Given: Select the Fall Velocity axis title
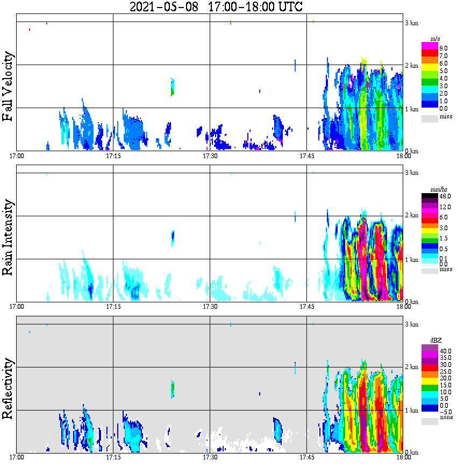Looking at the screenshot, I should point(8,87).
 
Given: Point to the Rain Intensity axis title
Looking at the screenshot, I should point(8,237).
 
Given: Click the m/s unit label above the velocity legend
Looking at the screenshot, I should point(436,39).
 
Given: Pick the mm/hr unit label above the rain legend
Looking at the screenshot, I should point(436,190).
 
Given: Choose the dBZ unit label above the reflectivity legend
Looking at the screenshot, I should point(436,341).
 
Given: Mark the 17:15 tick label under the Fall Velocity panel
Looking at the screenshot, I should point(113,156).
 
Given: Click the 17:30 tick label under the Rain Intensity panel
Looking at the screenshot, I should point(210,307).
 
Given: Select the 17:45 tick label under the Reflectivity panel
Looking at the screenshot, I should point(306,457).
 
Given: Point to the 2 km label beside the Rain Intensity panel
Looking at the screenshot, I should point(411,216).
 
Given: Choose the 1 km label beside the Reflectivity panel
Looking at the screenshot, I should point(411,410).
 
